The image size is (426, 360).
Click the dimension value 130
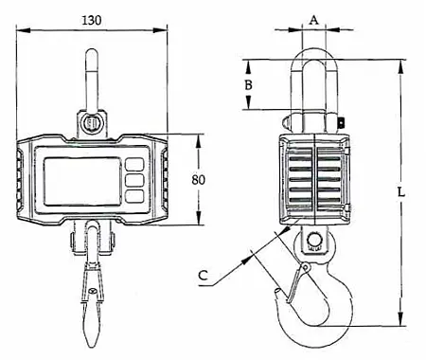coord(92,19)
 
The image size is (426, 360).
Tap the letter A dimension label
coord(314,18)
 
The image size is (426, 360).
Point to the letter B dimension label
coord(247,85)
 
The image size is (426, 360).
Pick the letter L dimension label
coord(401,191)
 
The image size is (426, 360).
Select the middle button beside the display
coord(134,178)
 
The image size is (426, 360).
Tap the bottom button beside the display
coord(134,195)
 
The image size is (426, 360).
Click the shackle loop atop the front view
coord(92,76)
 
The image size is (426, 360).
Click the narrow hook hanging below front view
coord(92,294)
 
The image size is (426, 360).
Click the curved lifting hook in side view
coord(317,303)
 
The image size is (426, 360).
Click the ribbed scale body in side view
coord(314,180)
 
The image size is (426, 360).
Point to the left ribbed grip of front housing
coord(22,179)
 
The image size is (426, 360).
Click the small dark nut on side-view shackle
coord(343,121)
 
